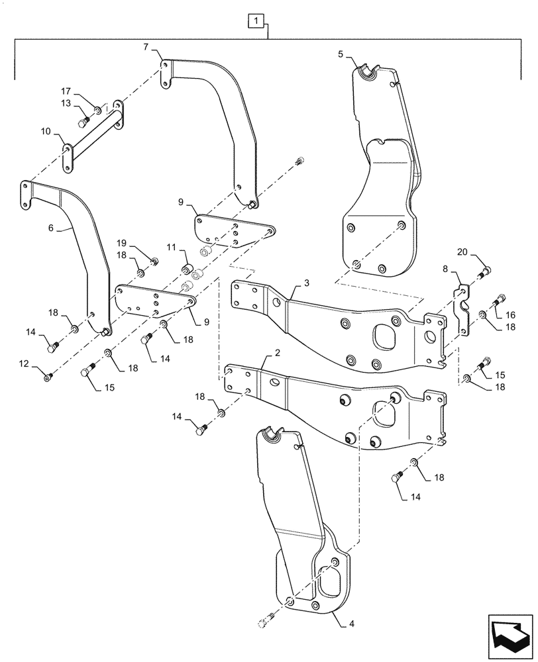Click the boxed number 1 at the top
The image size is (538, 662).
(x=256, y=23)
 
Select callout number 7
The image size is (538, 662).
(x=145, y=47)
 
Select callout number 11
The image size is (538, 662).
(x=170, y=247)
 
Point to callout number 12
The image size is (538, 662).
(x=25, y=363)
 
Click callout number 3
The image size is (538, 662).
(x=307, y=283)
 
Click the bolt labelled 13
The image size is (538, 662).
(x=84, y=122)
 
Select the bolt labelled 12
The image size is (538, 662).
(x=49, y=377)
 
